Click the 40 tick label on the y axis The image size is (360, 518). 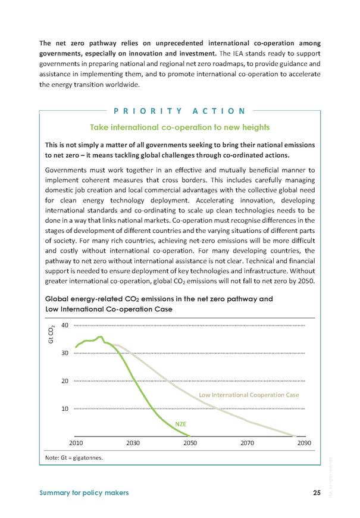(x=65, y=325)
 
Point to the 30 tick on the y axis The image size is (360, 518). (x=65, y=353)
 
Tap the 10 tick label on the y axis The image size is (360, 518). (x=65, y=408)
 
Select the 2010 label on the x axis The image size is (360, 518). (x=76, y=442)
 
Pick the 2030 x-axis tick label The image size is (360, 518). (x=133, y=442)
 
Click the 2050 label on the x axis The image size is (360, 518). (x=190, y=442)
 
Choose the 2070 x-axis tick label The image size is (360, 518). (x=247, y=442)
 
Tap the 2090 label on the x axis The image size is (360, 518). (x=304, y=442)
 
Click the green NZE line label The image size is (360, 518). (x=181, y=424)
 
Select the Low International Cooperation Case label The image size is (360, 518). (x=249, y=395)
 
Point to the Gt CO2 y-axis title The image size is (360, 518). (x=51, y=335)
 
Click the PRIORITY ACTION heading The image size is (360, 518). (x=180, y=111)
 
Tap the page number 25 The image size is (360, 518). (x=317, y=492)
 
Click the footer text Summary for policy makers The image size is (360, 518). (x=84, y=493)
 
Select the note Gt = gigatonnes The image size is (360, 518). (x=74, y=458)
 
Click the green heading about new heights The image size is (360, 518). (x=180, y=127)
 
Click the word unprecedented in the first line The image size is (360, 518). (x=179, y=43)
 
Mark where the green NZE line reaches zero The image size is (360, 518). (x=190, y=436)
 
